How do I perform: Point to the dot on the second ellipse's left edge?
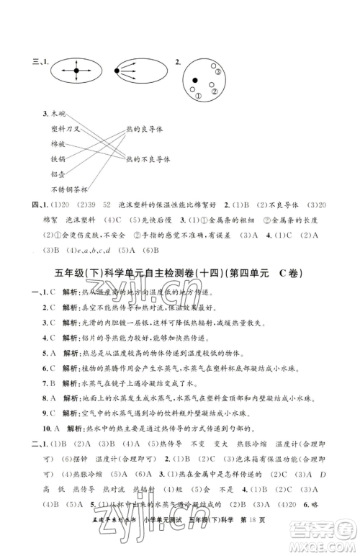coord(117,70)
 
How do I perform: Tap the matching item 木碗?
coord(54,114)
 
